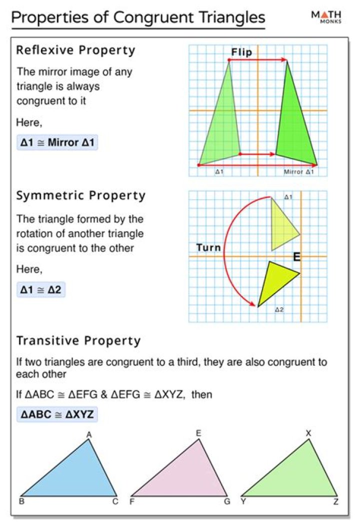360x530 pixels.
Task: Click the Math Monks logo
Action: pyautogui.click(x=327, y=18)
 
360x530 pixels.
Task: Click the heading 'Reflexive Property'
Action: pyautogui.click(x=75, y=51)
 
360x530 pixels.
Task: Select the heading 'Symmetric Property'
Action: pyautogui.click(x=81, y=196)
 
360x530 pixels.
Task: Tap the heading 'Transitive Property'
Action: pyautogui.click(x=78, y=341)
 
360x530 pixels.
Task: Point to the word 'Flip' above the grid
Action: pyautogui.click(x=241, y=53)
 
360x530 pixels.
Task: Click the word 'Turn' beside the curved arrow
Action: pyautogui.click(x=208, y=248)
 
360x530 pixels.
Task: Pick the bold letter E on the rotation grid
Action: pyautogui.click(x=296, y=257)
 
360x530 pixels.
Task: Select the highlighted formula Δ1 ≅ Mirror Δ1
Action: pyautogui.click(x=57, y=143)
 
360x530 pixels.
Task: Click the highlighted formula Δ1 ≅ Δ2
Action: pyautogui.click(x=40, y=289)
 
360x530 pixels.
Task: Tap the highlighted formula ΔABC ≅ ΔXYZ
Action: pyautogui.click(x=57, y=414)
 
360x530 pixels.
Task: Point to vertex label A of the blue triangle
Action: pyautogui.click(x=89, y=435)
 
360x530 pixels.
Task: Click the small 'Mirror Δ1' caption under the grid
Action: pyautogui.click(x=298, y=172)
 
